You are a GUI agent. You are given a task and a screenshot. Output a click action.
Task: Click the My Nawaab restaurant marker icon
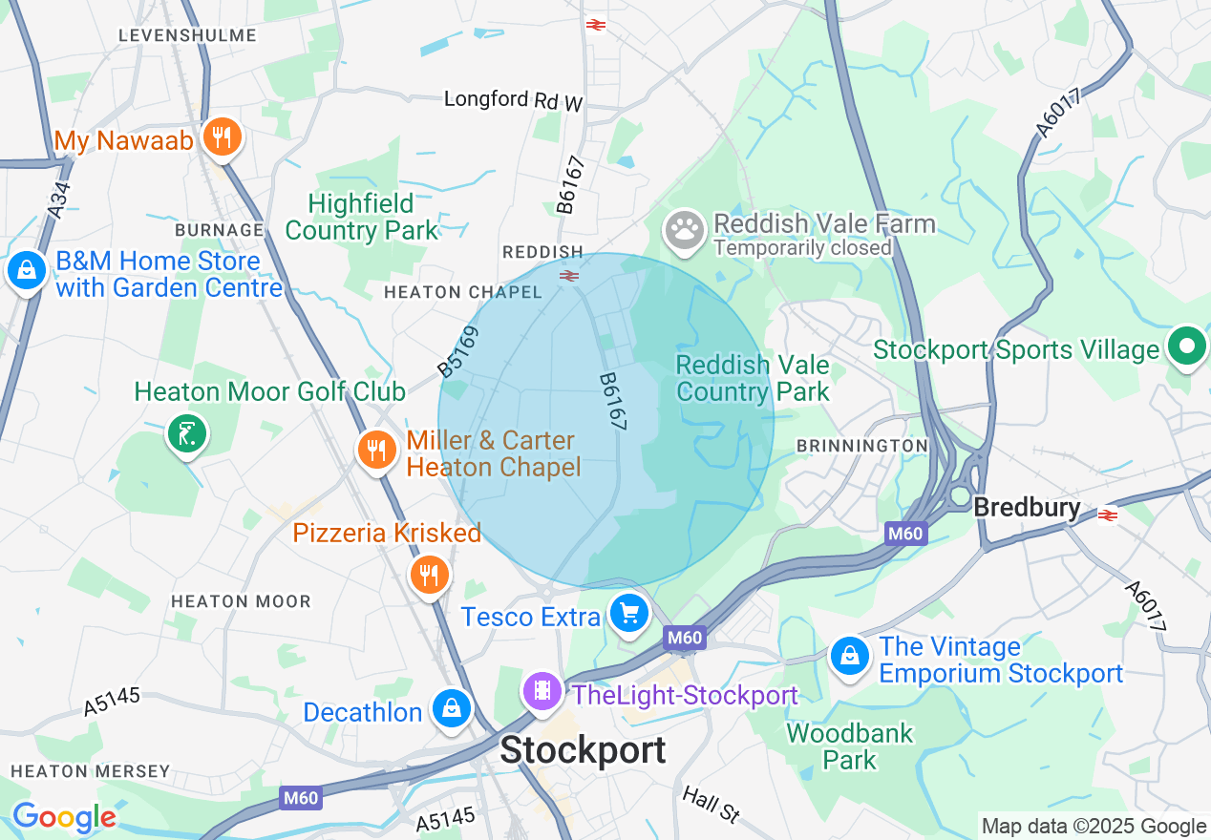222,136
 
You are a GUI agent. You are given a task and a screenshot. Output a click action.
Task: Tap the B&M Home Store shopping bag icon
27,271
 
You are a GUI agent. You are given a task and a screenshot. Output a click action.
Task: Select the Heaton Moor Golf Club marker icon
186,434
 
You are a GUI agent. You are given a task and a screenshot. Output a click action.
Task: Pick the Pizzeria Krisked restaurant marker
429,574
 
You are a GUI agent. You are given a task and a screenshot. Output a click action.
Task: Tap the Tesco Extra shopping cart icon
628,613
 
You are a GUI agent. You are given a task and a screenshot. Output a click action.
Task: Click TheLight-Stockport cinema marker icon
542,690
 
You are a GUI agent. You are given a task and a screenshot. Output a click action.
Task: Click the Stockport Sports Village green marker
1187,346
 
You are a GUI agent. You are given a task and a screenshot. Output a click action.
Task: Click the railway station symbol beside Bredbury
1108,514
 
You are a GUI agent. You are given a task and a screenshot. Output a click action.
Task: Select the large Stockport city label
583,750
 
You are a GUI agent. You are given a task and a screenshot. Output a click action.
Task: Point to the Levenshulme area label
187,35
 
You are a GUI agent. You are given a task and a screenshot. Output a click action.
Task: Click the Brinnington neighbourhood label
861,446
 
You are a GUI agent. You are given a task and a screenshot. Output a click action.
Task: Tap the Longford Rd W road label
514,100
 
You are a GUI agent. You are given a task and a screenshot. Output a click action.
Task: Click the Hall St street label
712,805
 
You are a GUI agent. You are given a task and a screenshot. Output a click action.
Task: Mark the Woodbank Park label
850,746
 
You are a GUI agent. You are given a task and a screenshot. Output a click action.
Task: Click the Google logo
64,817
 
